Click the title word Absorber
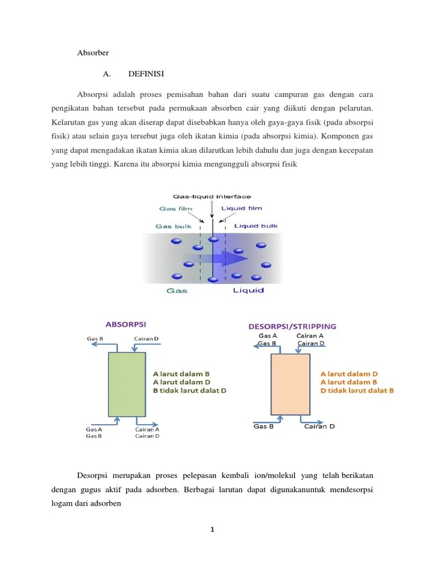[x=93, y=53]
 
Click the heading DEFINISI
[x=146, y=74]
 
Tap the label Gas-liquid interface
[x=212, y=196]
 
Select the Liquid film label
[x=242, y=208]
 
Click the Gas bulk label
[x=173, y=226]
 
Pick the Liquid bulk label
[x=256, y=226]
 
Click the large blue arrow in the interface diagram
[x=224, y=258]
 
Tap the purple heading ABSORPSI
[x=126, y=324]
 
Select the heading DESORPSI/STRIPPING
[x=292, y=326]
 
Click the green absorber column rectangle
[x=127, y=384]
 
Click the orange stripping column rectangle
[x=289, y=384]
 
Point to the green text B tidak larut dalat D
[x=189, y=390]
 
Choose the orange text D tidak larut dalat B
[x=357, y=390]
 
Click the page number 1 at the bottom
[x=212, y=530]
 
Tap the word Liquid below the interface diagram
[x=248, y=290]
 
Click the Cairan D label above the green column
[x=146, y=338]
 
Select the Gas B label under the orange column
[x=263, y=426]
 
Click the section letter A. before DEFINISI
[x=107, y=74]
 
